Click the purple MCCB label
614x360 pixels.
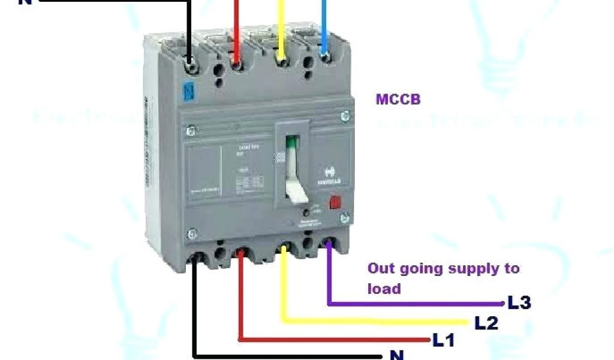tap(398, 99)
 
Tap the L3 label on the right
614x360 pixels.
tap(519, 303)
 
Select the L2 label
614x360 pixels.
tap(486, 323)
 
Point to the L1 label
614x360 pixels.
tap(444, 341)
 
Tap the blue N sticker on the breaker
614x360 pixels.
tap(189, 91)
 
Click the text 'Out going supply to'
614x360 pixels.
tap(443, 268)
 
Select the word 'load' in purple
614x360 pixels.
tap(384, 289)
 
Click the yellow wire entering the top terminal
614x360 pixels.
tap(280, 27)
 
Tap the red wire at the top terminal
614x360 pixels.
tap(236, 27)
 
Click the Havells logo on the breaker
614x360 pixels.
tap(329, 175)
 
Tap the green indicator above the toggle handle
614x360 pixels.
tap(292, 143)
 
